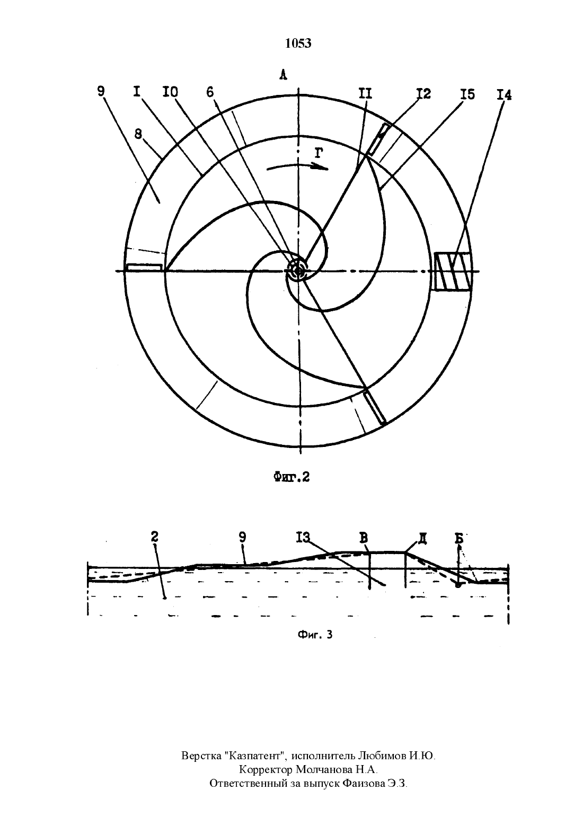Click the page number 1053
coord(298,43)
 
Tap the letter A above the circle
coord(282,75)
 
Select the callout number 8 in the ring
coord(138,135)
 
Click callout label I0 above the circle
coord(170,92)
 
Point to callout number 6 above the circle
coord(210,92)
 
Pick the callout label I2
coord(423,94)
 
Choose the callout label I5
coord(467,95)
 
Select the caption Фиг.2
coord(291,477)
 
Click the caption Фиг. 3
coord(315,635)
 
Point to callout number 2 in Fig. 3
coord(155,537)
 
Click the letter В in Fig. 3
coord(364,538)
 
